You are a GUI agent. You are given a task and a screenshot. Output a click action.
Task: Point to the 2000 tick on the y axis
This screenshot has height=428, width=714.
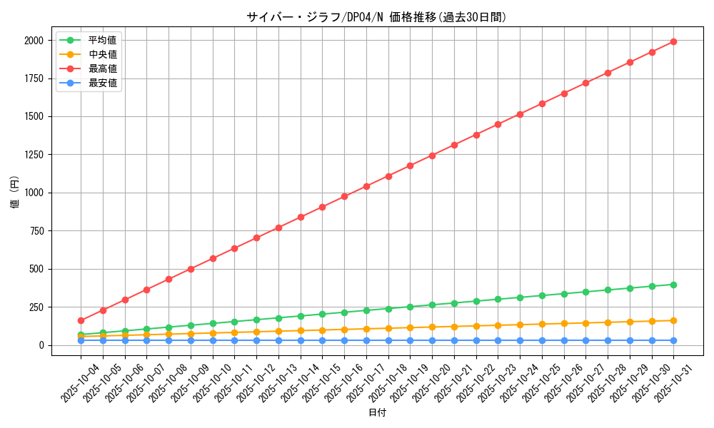coord(34,41)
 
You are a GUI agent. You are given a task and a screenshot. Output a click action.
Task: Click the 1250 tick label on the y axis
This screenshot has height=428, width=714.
coord(34,155)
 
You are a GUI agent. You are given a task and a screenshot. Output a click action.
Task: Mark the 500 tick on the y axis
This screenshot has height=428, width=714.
coord(36,269)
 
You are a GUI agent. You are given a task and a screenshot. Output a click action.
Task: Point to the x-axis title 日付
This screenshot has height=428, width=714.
coord(377,413)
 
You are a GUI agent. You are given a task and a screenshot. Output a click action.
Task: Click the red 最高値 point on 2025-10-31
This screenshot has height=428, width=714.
coord(673,41)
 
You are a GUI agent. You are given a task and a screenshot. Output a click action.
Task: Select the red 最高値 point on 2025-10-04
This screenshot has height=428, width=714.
coord(81,320)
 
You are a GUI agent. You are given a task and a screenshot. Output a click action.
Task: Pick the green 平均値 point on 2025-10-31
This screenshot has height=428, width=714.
coord(673,285)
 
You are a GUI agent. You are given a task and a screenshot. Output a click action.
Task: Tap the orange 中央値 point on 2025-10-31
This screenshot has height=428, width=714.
coord(673,320)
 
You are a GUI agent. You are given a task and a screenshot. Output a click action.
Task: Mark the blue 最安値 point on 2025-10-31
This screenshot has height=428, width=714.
coord(673,340)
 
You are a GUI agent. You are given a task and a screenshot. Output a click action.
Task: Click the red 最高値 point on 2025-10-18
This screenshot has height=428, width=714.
coord(388,176)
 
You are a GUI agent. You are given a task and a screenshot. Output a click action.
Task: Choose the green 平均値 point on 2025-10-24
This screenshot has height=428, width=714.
coord(520,297)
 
